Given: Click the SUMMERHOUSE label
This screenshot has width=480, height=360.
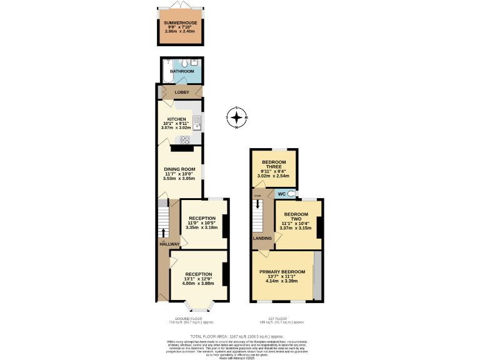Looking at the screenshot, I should [181, 23].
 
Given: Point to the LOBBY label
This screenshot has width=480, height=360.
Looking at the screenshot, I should [182, 92].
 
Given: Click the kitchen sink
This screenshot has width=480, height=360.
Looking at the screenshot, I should [196, 121].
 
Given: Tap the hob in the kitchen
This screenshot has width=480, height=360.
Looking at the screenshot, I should [186, 140].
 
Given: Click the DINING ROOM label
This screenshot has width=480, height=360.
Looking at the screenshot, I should [180, 169].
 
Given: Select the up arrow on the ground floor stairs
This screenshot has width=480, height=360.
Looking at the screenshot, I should [164, 233].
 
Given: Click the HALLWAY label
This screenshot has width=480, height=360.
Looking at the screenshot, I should [169, 244].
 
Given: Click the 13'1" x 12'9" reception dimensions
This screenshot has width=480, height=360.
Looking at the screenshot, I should [198, 279].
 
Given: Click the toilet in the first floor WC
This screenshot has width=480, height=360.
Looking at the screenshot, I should [292, 194].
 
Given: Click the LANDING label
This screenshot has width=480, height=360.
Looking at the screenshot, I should [262, 238].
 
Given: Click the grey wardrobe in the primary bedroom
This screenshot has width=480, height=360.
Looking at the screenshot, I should [318, 276].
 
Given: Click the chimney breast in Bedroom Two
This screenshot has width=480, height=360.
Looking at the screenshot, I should [320, 227].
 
